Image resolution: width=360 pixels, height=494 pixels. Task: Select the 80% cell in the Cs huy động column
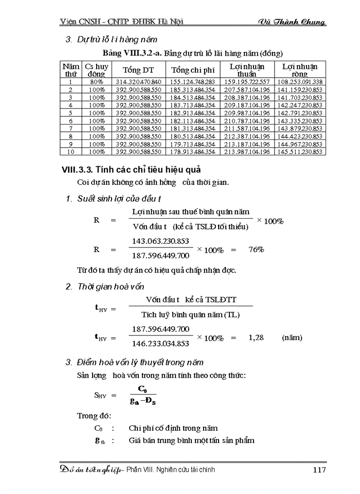96,81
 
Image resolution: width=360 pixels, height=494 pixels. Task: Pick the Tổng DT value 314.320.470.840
139,81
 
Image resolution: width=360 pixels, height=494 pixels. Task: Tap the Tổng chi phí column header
193,70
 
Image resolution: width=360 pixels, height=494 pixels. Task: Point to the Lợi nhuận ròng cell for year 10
300,152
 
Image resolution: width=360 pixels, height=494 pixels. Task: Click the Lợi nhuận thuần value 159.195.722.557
247,81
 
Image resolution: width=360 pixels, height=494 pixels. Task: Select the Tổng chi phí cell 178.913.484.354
193,152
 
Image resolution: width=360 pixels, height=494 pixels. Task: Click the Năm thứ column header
71,70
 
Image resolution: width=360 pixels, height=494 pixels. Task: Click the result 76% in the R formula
256,250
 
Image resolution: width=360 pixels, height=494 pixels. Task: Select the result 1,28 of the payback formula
256,338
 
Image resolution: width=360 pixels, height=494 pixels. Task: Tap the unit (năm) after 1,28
292,338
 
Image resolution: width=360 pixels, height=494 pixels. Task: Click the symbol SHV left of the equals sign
99,396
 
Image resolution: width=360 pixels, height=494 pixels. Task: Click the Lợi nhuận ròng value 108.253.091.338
300,81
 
